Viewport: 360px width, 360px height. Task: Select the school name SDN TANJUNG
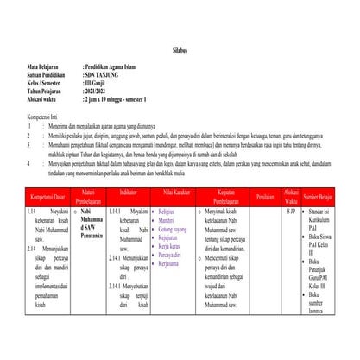[x=104, y=74]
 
